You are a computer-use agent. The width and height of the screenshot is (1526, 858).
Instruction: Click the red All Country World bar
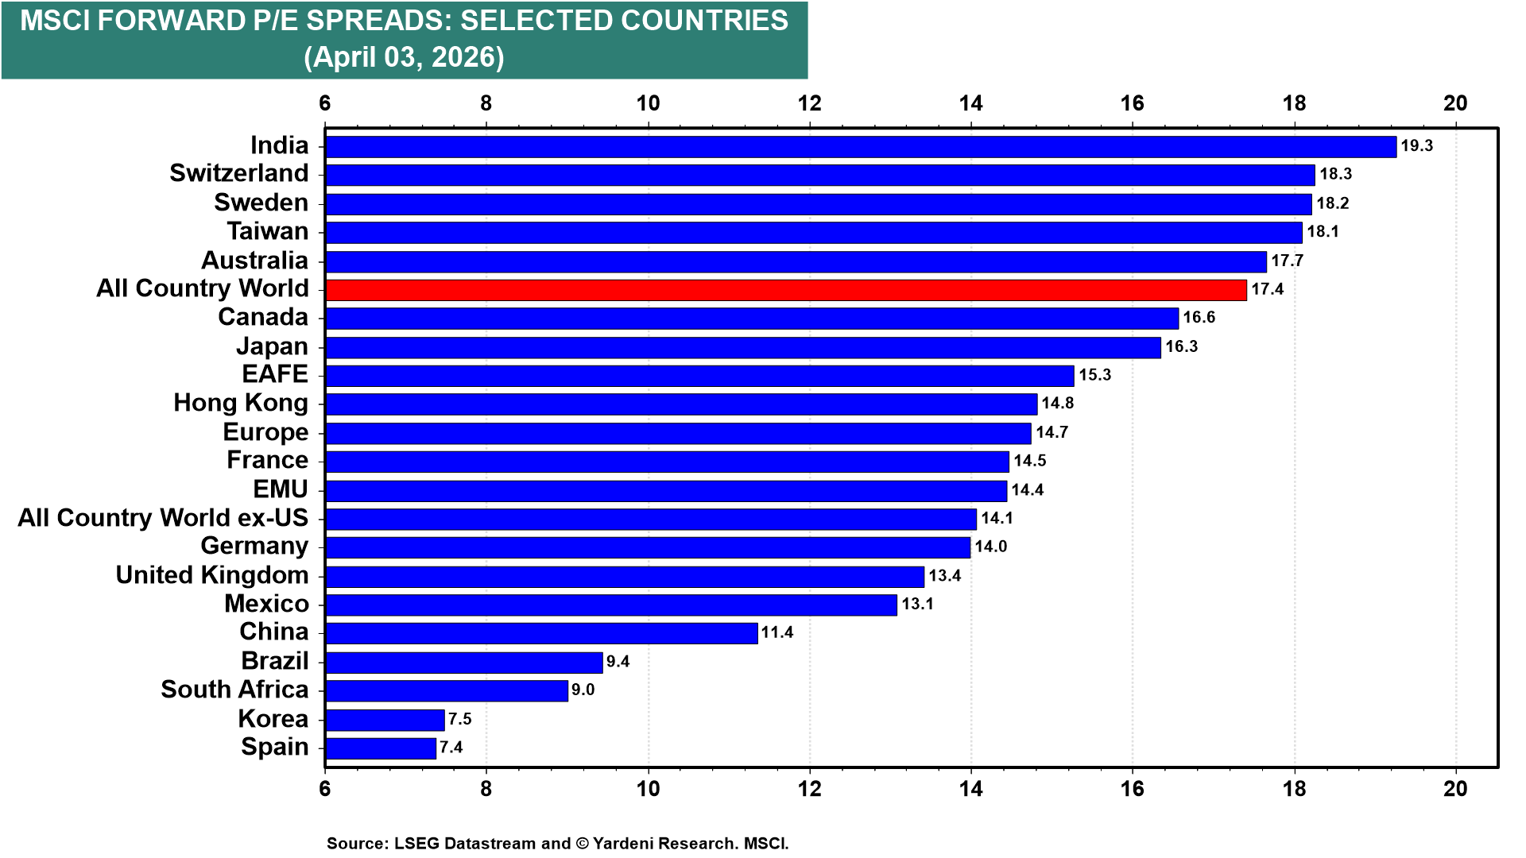click(785, 290)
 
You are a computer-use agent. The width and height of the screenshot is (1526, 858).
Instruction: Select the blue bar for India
click(860, 147)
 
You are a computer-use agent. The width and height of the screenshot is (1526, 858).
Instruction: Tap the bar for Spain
click(381, 748)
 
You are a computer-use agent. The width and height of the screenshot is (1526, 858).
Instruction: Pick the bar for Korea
click(385, 720)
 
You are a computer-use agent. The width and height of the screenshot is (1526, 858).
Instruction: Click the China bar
click(541, 633)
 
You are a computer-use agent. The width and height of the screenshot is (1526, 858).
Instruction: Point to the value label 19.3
click(1416, 146)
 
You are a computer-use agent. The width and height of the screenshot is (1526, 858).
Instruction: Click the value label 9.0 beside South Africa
click(583, 690)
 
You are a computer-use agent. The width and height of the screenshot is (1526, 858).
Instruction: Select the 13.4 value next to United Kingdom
click(944, 575)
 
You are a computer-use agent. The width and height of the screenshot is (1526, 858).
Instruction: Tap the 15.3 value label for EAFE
click(1094, 375)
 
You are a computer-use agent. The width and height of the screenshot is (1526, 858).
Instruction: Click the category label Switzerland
click(238, 173)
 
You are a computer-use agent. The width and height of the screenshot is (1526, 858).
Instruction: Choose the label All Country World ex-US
click(163, 518)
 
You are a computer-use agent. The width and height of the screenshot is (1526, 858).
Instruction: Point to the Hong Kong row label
click(241, 403)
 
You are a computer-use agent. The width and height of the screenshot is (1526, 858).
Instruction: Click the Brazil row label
click(275, 661)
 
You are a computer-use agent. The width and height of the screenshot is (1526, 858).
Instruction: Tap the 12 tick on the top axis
click(809, 103)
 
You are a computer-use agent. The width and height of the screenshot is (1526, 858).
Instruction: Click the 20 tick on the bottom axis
click(1455, 788)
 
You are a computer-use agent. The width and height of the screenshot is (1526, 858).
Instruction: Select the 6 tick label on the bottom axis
click(324, 788)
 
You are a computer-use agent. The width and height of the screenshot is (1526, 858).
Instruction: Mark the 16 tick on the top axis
click(1132, 103)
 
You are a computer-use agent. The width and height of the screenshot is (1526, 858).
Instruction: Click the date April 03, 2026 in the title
click(404, 57)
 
